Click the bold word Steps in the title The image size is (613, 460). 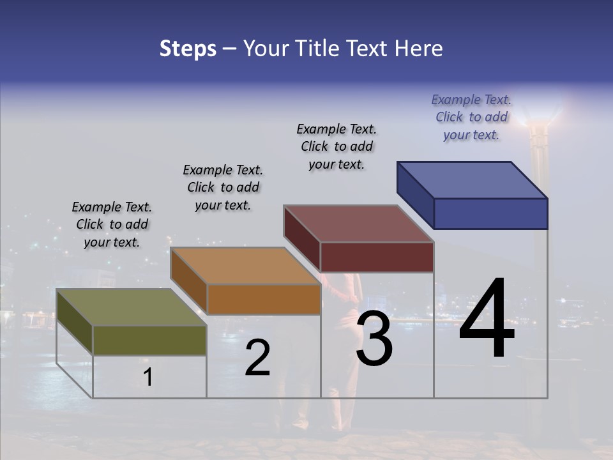coord(188,49)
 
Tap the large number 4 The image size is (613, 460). coord(487,319)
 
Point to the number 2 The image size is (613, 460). coord(258,358)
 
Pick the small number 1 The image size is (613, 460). coord(148,377)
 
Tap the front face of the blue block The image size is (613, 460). coord(490,213)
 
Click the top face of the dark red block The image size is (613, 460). coord(359,224)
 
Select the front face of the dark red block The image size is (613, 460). coord(377,257)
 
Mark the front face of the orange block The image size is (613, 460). coord(264,299)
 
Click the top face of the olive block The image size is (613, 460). coord(132,307)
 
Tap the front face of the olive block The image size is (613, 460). coord(149,340)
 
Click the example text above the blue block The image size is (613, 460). coord(471,117)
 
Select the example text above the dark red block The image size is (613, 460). coord(337,146)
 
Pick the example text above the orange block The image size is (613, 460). coord(223,187)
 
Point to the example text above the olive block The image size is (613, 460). coord(112,224)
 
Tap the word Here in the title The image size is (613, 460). coord(418,49)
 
